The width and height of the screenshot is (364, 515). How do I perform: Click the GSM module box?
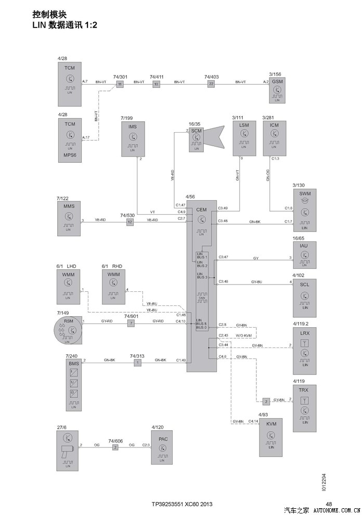point(277,91)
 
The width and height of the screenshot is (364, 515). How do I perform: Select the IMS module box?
point(133,139)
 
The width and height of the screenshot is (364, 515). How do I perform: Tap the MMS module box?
point(69,219)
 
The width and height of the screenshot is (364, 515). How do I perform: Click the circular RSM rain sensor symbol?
point(68,331)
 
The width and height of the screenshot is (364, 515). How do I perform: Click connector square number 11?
point(120,84)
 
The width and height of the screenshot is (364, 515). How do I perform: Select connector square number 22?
point(211,84)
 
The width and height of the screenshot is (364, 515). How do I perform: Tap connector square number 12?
point(130,222)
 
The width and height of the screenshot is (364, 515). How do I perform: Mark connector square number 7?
point(132,324)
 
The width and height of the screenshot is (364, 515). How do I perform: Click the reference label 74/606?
point(115,440)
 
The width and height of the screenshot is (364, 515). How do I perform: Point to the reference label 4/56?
point(190,197)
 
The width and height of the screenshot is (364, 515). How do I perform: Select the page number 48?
point(329,504)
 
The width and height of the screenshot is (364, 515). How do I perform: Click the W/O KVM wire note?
point(243,335)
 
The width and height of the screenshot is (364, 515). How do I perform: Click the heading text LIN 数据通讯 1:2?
point(65,25)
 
